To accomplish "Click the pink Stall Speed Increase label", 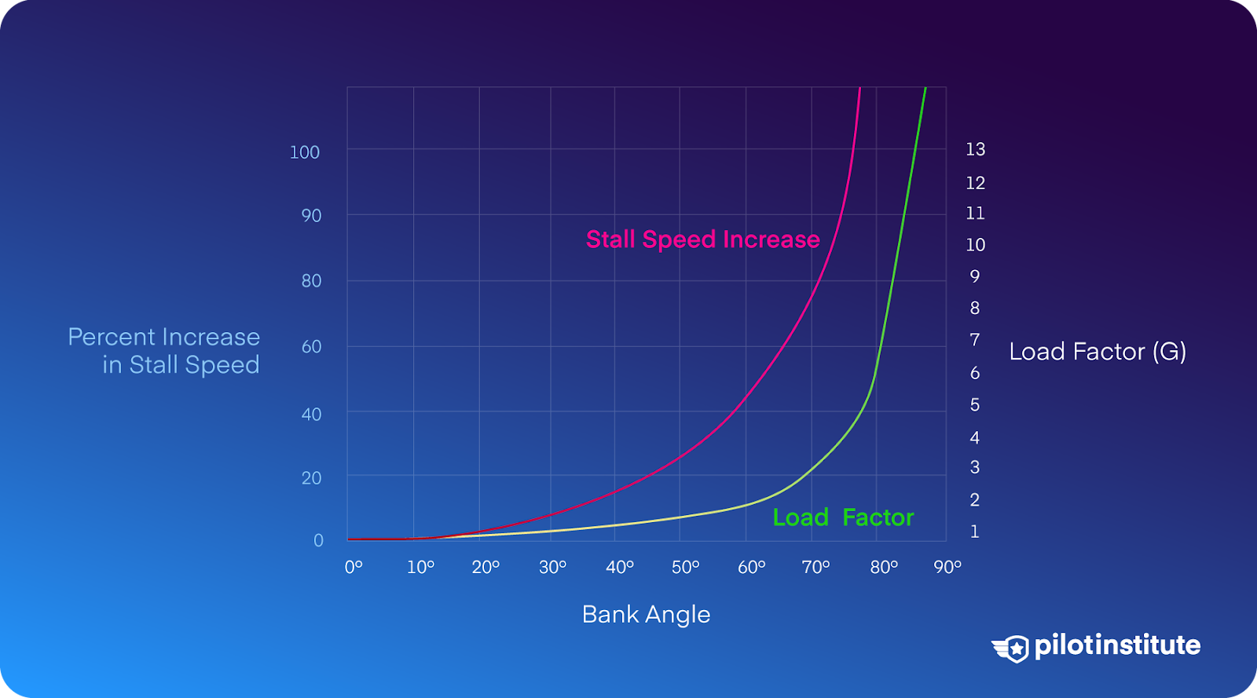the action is pos(702,239).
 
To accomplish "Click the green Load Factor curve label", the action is pos(844,517).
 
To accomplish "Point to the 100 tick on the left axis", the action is pos(304,152).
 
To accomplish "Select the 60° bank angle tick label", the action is pos(751,568).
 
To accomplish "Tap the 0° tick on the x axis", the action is pos(354,568).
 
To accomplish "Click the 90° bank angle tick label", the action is pos(947,568).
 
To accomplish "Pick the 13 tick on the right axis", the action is pos(975,149).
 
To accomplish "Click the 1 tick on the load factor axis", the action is pos(975,531).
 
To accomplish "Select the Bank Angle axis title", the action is pos(646,615).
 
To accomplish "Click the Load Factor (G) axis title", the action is pos(1098,352).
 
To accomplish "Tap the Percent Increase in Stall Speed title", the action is pos(164,350).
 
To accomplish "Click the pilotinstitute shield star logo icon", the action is pos(1010,649).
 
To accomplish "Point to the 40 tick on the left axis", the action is pos(311,415).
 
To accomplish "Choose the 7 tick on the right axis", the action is pos(975,340).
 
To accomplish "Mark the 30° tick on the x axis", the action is pos(552,568).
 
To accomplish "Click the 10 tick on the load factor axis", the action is pos(975,244).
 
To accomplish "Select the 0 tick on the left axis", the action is pos(318,540).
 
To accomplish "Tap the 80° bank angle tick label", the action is pos(884,568).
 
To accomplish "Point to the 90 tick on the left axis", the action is pos(311,216).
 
